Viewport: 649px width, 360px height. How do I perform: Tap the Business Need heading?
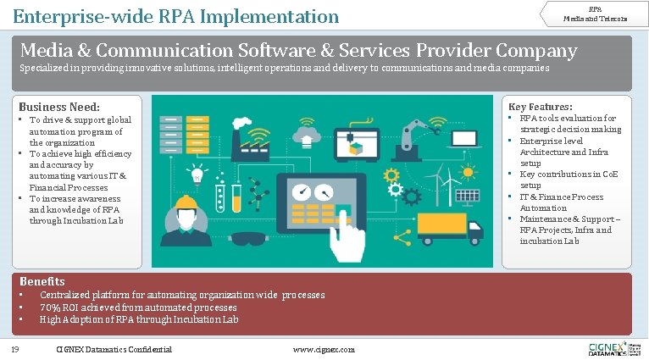pyautogui.click(x=59, y=107)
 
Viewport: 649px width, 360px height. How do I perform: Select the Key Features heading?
pyautogui.click(x=540, y=107)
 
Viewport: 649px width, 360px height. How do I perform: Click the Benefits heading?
pyautogui.click(x=42, y=281)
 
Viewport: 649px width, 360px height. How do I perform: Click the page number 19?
pyautogui.click(x=15, y=349)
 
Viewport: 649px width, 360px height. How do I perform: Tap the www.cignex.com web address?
pyautogui.click(x=324, y=350)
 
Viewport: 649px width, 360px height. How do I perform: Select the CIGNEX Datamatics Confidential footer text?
pyautogui.click(x=114, y=350)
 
